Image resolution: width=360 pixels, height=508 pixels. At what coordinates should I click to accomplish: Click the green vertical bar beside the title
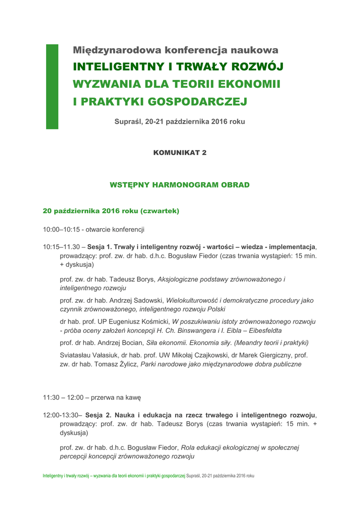click(52, 86)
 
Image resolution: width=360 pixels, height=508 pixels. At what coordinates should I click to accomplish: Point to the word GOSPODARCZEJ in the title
click(198, 102)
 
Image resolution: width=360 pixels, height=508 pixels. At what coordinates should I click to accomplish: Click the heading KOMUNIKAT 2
click(180, 153)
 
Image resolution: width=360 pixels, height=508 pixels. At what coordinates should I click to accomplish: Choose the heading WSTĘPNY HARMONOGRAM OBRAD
click(180, 185)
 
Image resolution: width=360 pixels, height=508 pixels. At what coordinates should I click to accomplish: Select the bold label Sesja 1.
click(99, 247)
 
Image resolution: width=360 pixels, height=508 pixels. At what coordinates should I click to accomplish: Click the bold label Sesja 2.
click(98, 415)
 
